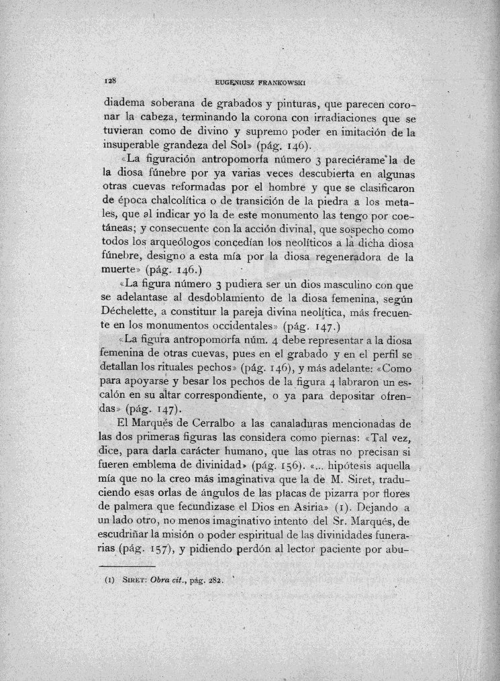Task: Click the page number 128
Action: tap(111, 81)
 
